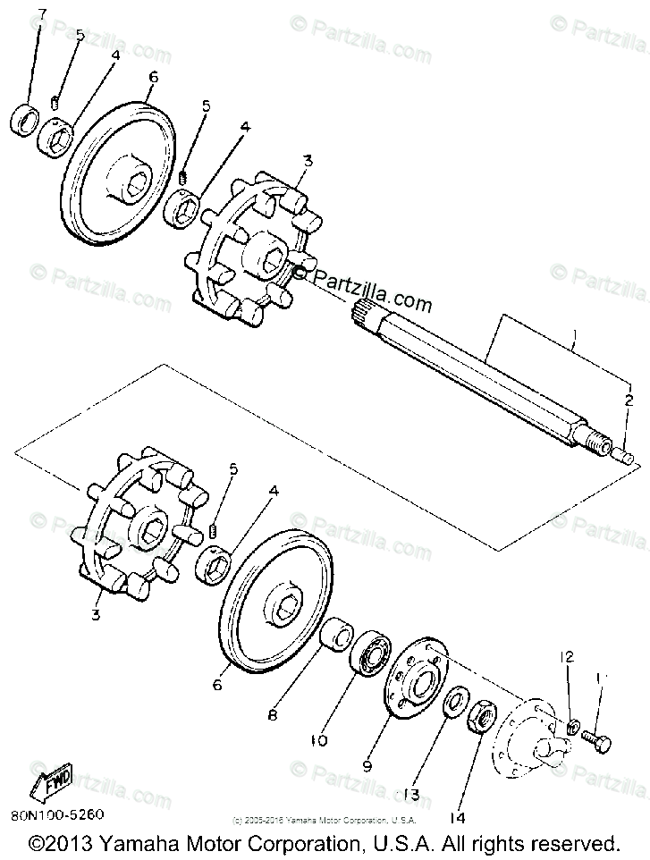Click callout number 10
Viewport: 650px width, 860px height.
(320, 740)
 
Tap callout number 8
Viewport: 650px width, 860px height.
(272, 715)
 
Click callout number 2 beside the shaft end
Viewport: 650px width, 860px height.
(629, 400)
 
